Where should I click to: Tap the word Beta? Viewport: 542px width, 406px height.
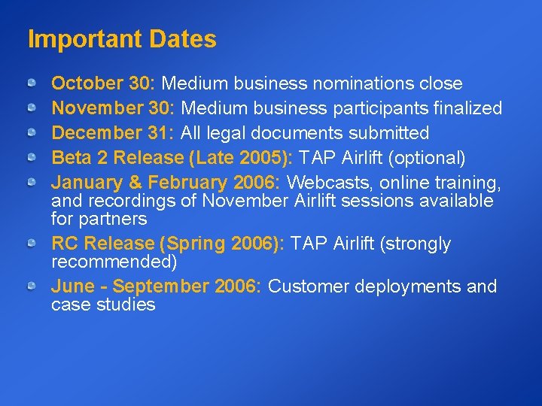[x=69, y=158]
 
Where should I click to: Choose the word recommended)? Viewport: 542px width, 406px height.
[x=114, y=262]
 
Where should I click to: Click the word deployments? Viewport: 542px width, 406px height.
[x=408, y=286]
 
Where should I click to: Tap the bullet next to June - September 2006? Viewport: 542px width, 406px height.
[x=32, y=286]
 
